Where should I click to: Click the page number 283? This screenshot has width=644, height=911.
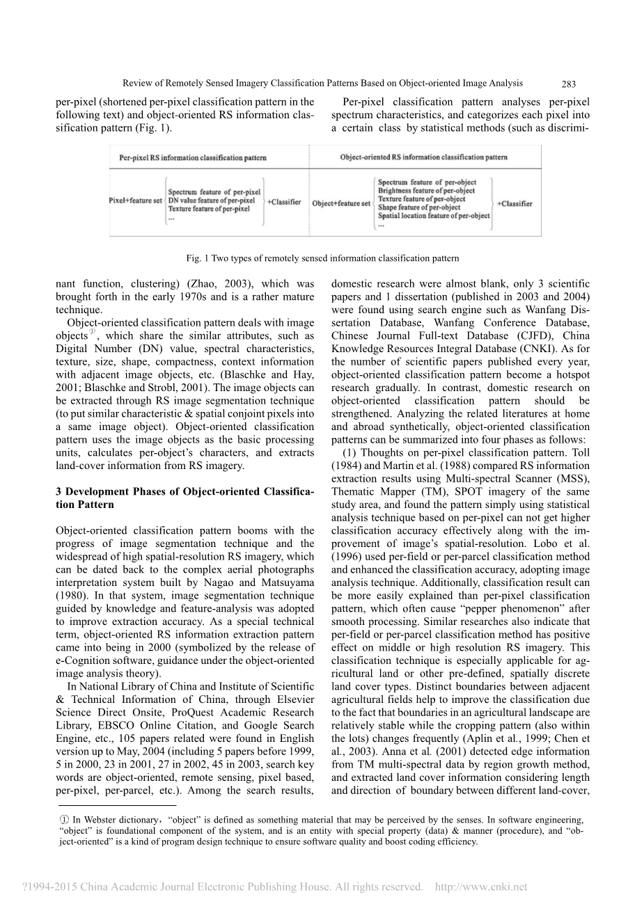tap(569, 84)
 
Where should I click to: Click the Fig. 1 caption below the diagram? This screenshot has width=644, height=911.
tap(322, 258)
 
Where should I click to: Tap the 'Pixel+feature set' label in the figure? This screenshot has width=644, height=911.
tap(135, 201)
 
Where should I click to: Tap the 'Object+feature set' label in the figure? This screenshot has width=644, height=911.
tap(341, 203)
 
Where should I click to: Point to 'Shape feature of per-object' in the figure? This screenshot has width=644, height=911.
tap(419, 207)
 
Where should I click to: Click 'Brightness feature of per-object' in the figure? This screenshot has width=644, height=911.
tap(426, 191)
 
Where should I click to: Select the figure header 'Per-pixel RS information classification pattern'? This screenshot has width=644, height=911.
tap(193, 157)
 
